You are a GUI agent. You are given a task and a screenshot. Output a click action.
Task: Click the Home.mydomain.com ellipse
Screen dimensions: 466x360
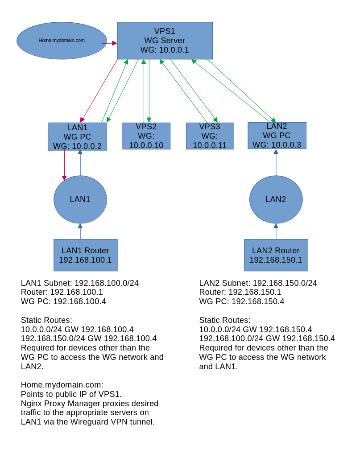click(x=62, y=41)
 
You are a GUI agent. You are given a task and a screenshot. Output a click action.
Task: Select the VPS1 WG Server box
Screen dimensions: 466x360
click(x=165, y=41)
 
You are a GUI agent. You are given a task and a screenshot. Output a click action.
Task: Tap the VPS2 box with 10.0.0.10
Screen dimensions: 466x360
click(x=146, y=136)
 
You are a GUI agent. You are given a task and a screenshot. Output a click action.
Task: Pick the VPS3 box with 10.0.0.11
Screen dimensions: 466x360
click(x=210, y=136)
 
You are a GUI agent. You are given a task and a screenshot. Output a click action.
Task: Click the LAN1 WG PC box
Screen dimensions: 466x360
click(x=78, y=137)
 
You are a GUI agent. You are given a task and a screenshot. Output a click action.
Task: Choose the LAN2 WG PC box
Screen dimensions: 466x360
click(x=277, y=136)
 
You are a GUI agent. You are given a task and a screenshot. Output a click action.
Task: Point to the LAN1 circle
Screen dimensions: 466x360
click(x=80, y=199)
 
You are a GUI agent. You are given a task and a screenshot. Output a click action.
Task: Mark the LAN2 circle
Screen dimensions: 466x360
click(x=276, y=199)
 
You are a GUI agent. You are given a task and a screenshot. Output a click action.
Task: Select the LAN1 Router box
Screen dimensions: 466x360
click(x=86, y=255)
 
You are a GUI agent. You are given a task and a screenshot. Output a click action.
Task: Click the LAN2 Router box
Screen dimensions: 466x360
click(x=276, y=255)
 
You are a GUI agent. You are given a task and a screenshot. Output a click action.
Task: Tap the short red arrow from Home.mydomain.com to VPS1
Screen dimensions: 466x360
click(x=109, y=43)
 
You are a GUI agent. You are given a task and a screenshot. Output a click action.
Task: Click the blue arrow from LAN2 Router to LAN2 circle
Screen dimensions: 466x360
click(x=276, y=231)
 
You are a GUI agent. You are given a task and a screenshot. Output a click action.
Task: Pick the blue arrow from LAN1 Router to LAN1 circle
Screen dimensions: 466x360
click(x=80, y=231)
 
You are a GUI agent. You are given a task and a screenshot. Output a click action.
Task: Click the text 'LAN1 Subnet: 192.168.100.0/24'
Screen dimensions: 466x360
click(x=80, y=283)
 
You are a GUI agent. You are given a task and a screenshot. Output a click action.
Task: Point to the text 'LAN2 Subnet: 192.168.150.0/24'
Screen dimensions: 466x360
click(x=258, y=283)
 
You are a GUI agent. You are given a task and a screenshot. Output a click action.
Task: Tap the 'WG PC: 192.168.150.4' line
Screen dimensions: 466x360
click(x=242, y=301)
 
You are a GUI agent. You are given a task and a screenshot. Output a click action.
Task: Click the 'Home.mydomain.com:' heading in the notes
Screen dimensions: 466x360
click(x=62, y=384)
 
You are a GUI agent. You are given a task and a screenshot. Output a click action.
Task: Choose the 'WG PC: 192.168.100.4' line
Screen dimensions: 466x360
click(x=63, y=301)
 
